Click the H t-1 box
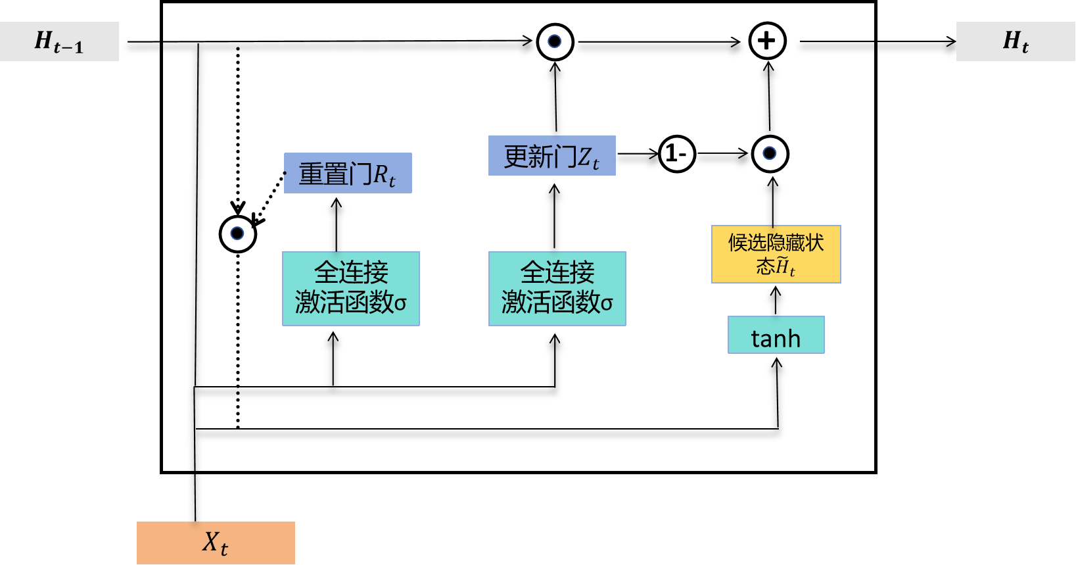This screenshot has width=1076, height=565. [59, 41]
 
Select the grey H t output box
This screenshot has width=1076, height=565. [1016, 41]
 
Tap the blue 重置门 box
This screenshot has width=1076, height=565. [348, 173]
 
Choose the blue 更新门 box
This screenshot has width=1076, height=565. [551, 156]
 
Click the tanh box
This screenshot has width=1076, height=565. [776, 335]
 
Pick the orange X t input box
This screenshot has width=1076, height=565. [216, 543]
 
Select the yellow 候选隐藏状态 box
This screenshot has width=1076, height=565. [776, 254]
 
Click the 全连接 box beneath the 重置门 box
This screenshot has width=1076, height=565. [351, 288]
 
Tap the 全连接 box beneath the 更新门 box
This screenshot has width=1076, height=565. [557, 288]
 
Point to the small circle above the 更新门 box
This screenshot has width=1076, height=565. [554, 41]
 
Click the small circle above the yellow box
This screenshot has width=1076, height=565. [769, 153]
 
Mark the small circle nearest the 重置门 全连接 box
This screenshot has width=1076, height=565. [237, 233]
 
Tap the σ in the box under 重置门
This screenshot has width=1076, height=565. [400, 303]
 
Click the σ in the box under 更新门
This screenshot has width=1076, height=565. [607, 303]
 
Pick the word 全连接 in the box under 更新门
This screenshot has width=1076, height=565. [557, 272]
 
